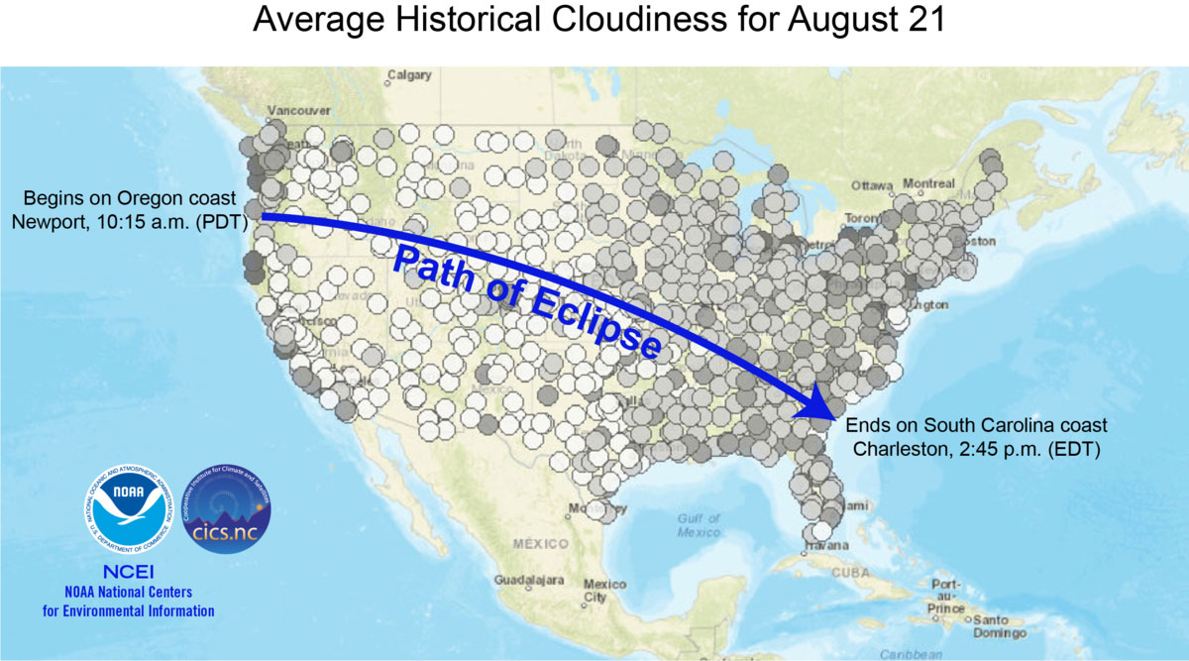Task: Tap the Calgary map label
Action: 411,74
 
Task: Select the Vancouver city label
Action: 298,110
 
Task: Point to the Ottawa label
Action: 873,185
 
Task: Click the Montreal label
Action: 928,184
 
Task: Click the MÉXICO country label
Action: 542,543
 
